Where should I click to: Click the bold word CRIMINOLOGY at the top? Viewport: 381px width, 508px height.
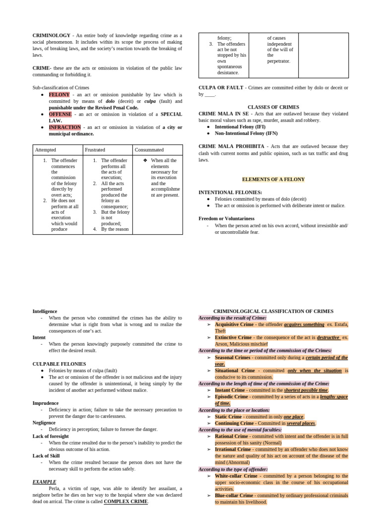[x=51, y=35]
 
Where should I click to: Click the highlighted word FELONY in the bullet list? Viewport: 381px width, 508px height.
[x=59, y=94]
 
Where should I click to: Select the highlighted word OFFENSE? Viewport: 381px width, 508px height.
[x=60, y=114]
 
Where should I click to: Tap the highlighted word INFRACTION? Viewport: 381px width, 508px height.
[x=64, y=127]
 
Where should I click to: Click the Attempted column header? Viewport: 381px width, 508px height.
[x=45, y=149]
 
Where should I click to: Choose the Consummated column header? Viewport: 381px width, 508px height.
[x=149, y=149]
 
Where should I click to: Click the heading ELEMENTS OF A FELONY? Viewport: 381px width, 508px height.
[x=273, y=179]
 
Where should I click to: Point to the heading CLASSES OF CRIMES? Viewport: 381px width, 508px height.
[x=273, y=107]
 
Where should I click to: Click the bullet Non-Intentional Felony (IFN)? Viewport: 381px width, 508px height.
[x=246, y=133]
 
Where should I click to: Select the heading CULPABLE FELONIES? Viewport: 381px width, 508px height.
[x=59, y=364]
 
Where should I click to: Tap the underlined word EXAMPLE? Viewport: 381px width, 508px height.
[x=44, y=482]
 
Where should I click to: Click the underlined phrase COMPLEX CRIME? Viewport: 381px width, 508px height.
[x=126, y=501]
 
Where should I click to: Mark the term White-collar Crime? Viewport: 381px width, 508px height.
[x=236, y=476]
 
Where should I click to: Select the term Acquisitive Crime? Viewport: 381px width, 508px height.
[x=234, y=324]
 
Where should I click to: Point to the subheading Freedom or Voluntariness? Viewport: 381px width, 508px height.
[x=226, y=218]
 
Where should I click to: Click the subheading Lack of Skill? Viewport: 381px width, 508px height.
[x=46, y=455]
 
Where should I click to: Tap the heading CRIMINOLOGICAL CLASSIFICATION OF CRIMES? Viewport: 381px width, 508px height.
[x=273, y=311]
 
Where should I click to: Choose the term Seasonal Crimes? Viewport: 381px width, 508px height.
[x=232, y=357]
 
